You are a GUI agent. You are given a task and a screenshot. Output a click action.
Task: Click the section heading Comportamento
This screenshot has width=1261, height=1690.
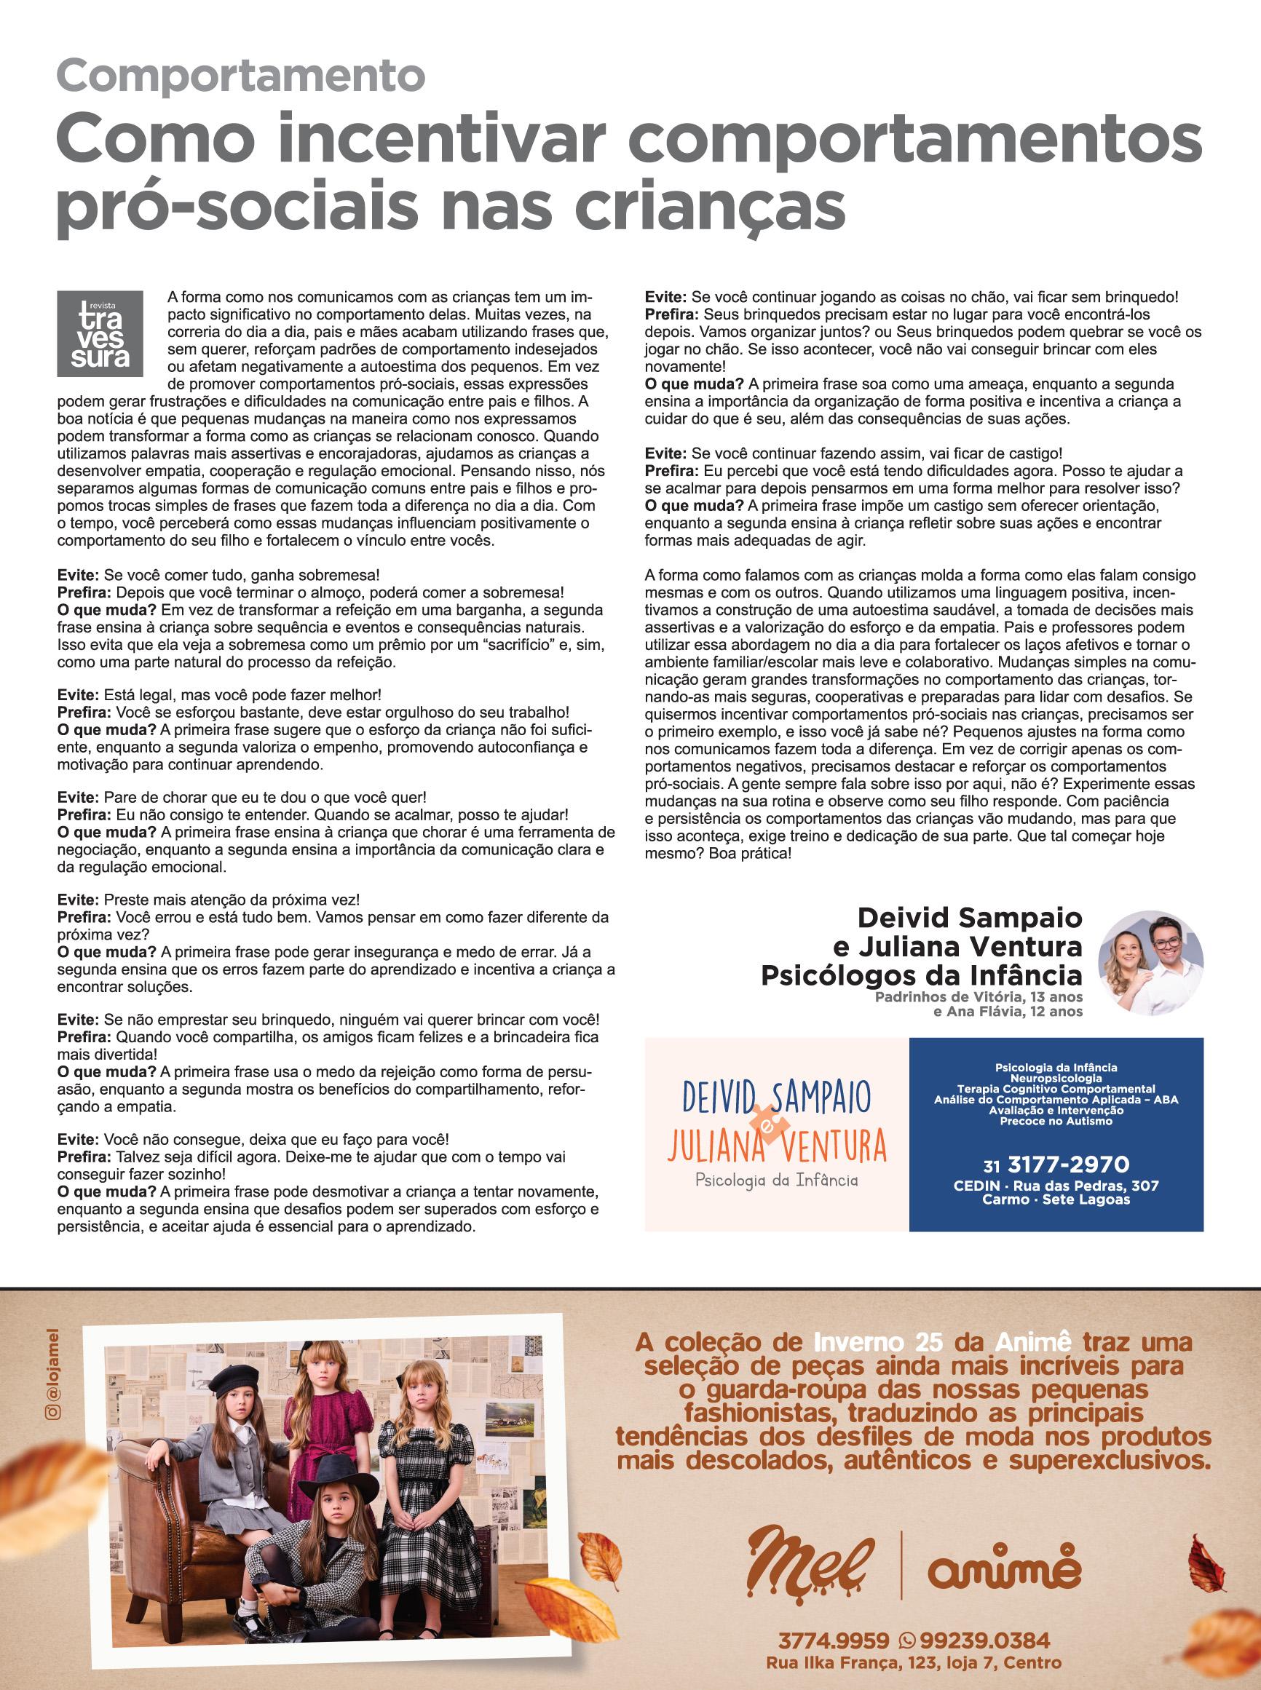(240, 76)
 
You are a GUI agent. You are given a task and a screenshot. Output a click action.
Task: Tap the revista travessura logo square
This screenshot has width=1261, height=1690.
(99, 333)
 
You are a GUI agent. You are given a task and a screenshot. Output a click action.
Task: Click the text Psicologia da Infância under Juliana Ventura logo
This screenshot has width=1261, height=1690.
(775, 1181)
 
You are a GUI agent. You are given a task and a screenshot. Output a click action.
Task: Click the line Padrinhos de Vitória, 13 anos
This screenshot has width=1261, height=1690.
(978, 998)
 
